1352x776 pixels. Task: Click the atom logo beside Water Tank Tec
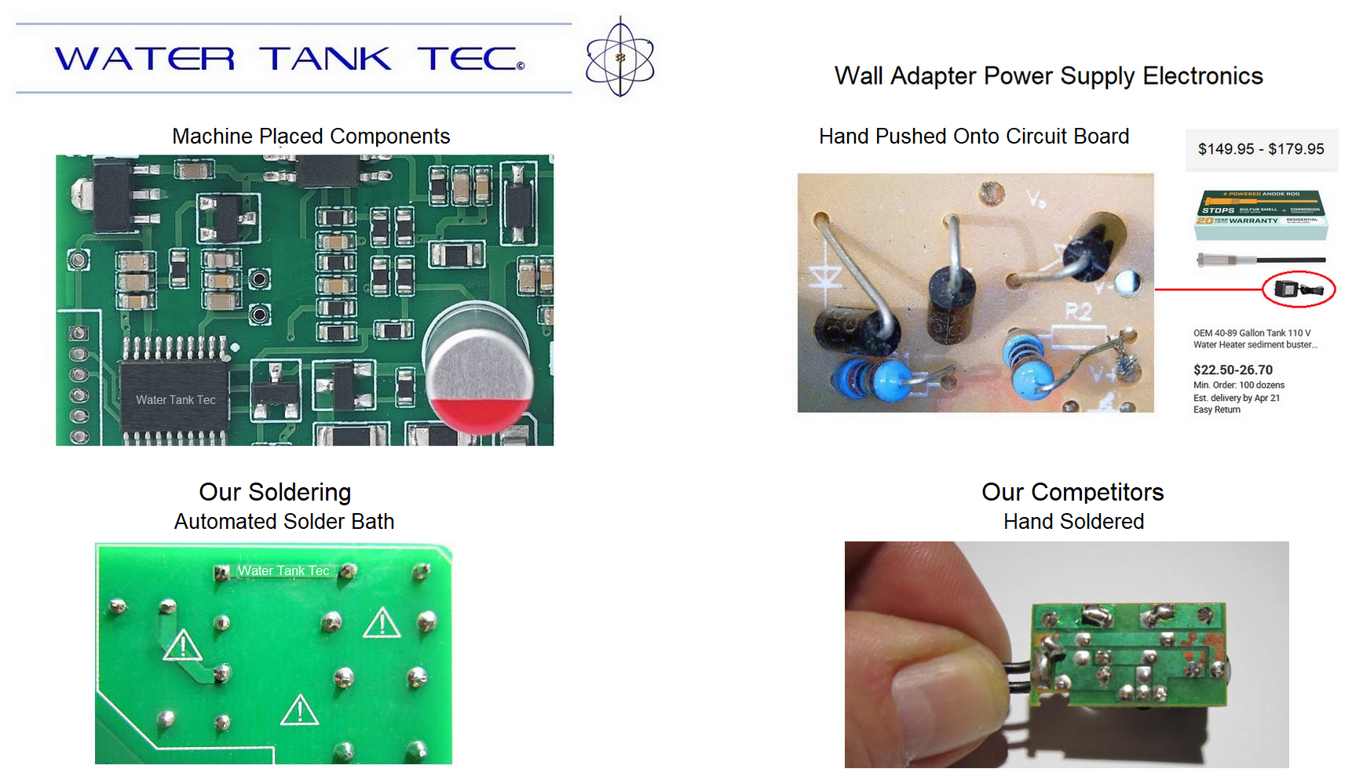pyautogui.click(x=619, y=57)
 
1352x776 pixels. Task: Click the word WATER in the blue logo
pyautogui.click(x=144, y=59)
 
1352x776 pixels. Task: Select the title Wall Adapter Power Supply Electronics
pyautogui.click(x=1048, y=76)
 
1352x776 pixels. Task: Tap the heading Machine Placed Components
pyautogui.click(x=311, y=137)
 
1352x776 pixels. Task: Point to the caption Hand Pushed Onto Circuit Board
pyautogui.click(x=974, y=137)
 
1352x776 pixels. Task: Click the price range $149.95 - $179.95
pyautogui.click(x=1260, y=149)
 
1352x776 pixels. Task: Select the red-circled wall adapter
pyautogui.click(x=1298, y=289)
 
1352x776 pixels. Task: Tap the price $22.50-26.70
pyautogui.click(x=1233, y=370)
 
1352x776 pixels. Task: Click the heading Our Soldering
pyautogui.click(x=275, y=492)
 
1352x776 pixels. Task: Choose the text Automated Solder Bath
pyautogui.click(x=284, y=522)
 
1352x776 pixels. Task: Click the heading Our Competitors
pyautogui.click(x=1072, y=492)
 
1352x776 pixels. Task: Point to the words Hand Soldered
pyautogui.click(x=1073, y=522)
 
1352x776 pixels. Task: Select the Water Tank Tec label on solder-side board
pyautogui.click(x=283, y=571)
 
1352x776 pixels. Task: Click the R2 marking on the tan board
pyautogui.click(x=1078, y=312)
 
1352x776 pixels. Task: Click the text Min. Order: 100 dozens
pyautogui.click(x=1239, y=385)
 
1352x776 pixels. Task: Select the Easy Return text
pyautogui.click(x=1217, y=410)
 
